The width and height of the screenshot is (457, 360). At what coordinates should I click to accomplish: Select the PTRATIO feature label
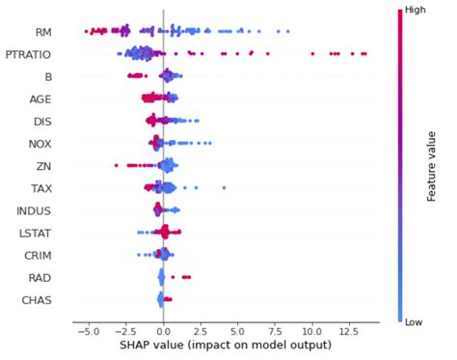coord(29,53)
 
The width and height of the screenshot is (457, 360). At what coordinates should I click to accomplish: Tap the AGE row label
coord(38,97)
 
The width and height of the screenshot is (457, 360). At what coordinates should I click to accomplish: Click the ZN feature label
coord(42,165)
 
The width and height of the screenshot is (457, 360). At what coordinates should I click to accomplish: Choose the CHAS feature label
coord(36,299)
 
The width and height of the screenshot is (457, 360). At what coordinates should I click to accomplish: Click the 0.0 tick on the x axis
coord(161,328)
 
